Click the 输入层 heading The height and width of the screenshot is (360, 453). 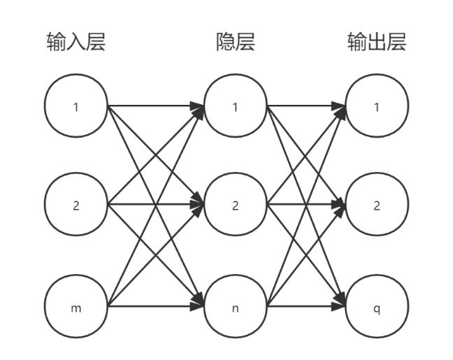pos(75,43)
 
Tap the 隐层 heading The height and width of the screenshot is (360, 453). pos(235,43)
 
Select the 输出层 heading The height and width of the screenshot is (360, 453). pos(377,43)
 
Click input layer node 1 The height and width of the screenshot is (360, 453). pos(75,107)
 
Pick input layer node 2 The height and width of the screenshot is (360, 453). pos(75,206)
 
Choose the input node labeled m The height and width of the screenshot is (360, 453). pos(75,308)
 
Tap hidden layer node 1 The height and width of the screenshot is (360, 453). pos(235,107)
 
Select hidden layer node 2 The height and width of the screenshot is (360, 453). pos(235,206)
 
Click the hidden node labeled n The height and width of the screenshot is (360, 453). pos(235,308)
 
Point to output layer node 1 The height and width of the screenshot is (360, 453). pos(377,107)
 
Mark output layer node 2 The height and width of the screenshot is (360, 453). pos(377,206)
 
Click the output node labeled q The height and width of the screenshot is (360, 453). pos(377,308)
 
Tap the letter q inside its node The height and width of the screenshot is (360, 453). pos(377,308)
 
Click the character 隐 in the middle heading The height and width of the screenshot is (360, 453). pos(225,43)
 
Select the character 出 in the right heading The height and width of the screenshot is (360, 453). pos(377,43)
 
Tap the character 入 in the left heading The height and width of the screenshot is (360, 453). pos(75,43)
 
